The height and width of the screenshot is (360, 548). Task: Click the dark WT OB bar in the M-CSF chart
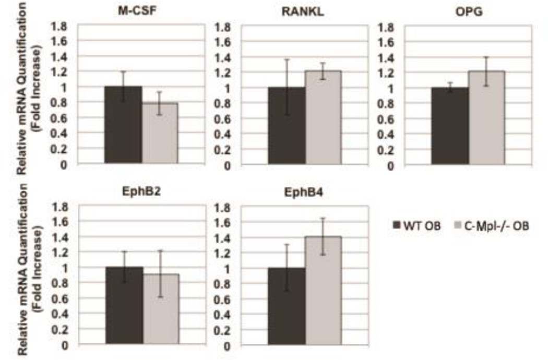(x=124, y=126)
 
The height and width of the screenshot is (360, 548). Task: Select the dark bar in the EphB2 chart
(x=124, y=306)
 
